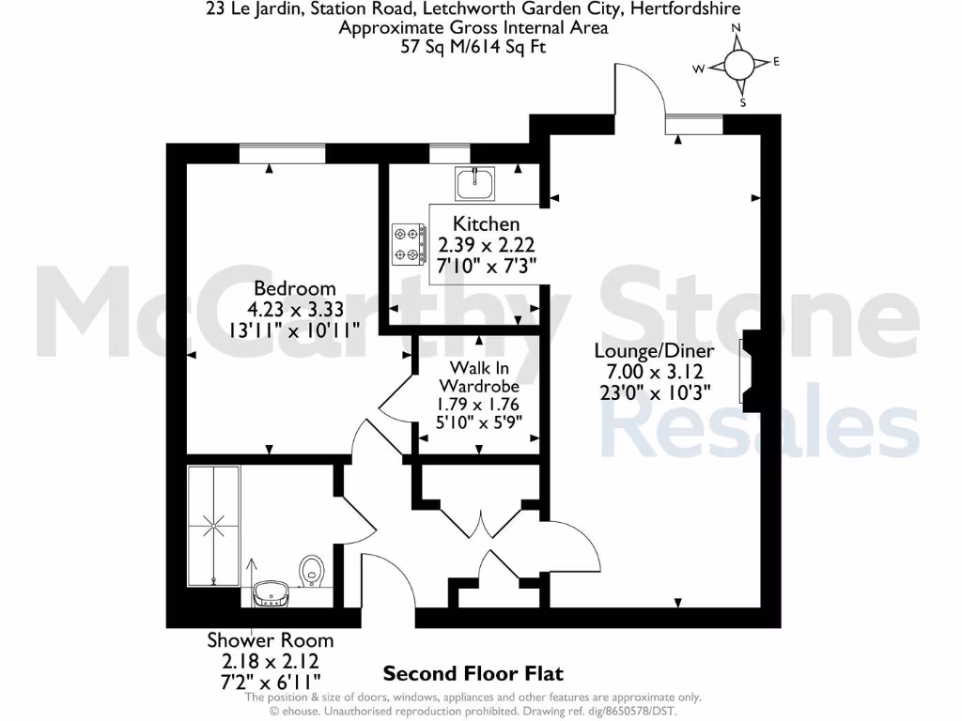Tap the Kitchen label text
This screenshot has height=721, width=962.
[486, 223]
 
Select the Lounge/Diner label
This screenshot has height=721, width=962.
[654, 350]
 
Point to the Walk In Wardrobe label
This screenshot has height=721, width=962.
[479, 376]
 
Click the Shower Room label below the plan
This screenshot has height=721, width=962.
[270, 640]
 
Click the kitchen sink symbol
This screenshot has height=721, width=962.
[475, 183]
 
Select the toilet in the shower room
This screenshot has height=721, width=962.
[313, 570]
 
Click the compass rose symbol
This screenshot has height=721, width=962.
[739, 64]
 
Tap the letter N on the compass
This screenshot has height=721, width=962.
[737, 28]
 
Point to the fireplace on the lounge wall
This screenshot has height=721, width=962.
[752, 368]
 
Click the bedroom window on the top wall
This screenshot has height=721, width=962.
[282, 152]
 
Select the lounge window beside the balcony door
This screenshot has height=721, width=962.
[694, 123]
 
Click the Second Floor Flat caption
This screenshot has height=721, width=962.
[473, 673]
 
